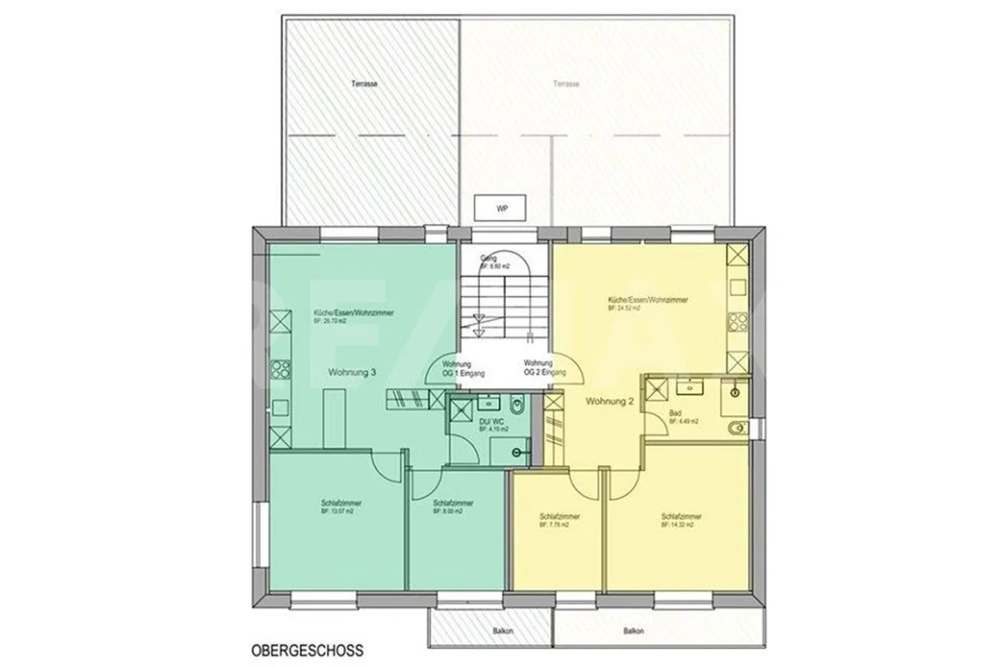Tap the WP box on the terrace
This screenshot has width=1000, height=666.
click(x=501, y=208)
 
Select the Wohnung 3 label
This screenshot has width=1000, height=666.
click(x=352, y=373)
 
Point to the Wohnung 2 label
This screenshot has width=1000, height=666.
click(x=609, y=401)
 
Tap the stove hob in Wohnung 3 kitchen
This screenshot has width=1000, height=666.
click(x=279, y=368)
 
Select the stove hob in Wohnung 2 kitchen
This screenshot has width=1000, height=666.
click(x=736, y=321)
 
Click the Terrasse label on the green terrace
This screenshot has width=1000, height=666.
click(x=364, y=84)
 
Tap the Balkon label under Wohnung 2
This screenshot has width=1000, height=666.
click(x=633, y=631)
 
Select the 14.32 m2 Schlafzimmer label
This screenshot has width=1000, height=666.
click(x=681, y=520)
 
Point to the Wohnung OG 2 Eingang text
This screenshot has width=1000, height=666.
click(x=544, y=368)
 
